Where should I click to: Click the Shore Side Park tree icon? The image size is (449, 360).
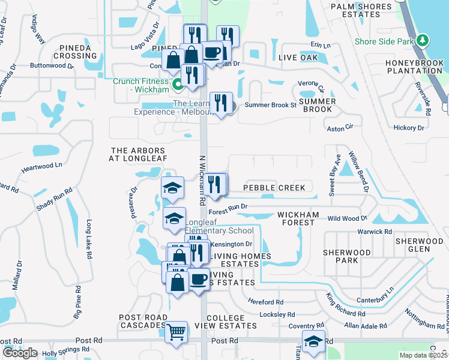(x=424, y=41)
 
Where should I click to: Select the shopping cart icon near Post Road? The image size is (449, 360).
(x=176, y=332)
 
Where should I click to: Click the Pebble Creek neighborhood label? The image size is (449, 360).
(x=274, y=188)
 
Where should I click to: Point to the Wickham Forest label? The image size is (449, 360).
(x=295, y=218)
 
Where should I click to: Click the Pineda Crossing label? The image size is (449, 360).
(x=75, y=51)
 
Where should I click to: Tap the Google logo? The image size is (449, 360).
(x=20, y=353)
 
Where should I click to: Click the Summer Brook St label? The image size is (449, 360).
(x=269, y=105)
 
